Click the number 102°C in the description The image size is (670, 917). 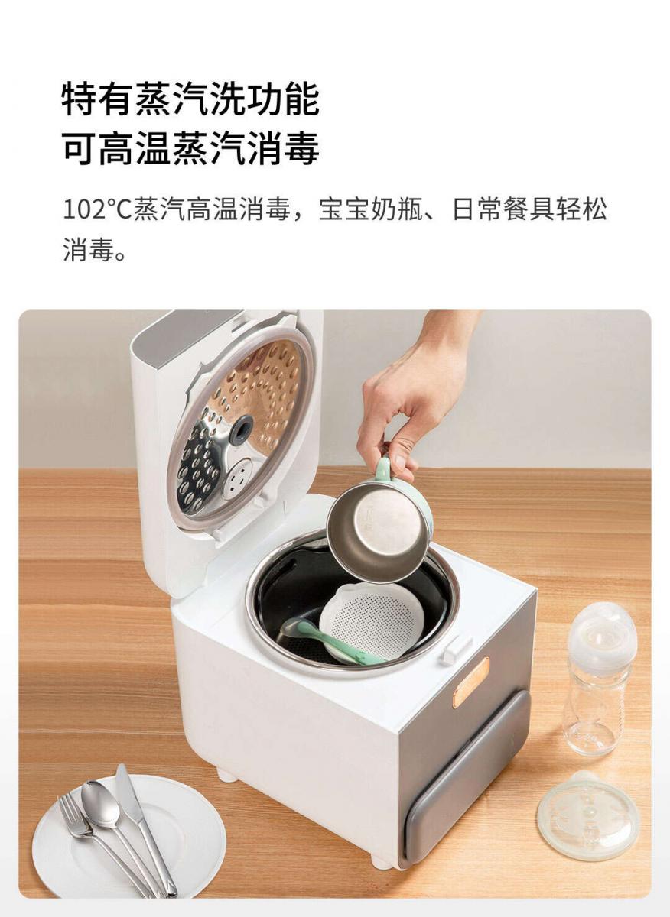(x=99, y=209)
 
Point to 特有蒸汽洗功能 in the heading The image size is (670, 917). (x=190, y=99)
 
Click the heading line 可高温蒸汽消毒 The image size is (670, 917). (x=190, y=147)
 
